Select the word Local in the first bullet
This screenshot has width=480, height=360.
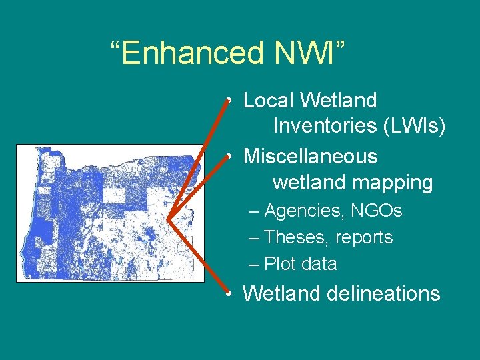[268, 101]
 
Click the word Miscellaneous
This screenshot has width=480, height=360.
[310, 157]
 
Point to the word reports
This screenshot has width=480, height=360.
[364, 237]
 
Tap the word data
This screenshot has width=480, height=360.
[319, 264]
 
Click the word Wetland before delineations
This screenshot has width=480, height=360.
[284, 294]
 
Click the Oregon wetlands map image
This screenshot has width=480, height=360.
[111, 213]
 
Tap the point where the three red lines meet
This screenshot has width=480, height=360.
[167, 219]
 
